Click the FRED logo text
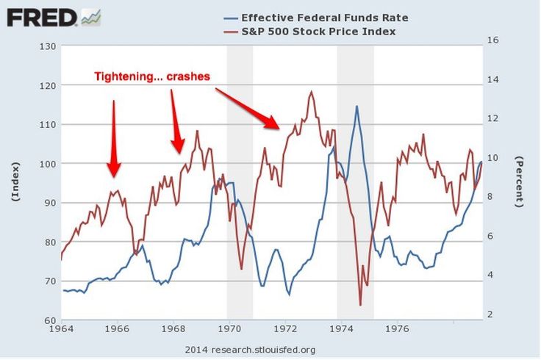[42, 16]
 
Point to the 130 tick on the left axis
[47, 46]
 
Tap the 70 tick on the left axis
[49, 281]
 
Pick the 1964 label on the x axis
[62, 329]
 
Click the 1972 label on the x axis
[285, 329]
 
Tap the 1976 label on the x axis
[398, 329]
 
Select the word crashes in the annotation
[188, 76]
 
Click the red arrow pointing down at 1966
[113, 140]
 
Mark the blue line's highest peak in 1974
[357, 106]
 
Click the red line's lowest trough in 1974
[360, 305]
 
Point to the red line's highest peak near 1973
[312, 92]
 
